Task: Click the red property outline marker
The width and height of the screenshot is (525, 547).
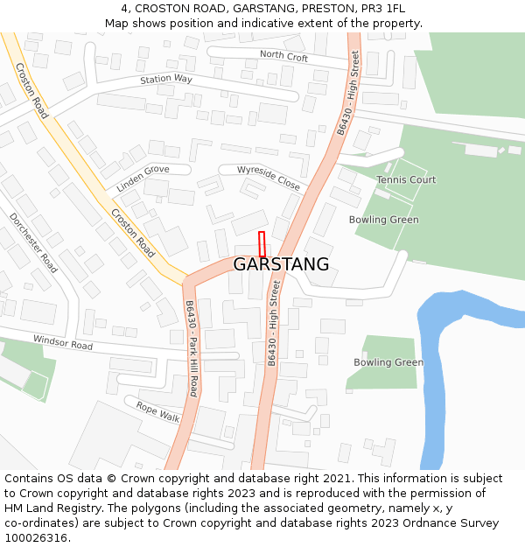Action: point(262,244)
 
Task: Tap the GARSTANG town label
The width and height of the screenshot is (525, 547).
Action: point(281,264)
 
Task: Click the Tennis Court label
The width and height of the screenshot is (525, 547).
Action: point(406,179)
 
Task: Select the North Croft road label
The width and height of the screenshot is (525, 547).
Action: point(284,57)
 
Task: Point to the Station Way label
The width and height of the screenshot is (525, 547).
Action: point(166,80)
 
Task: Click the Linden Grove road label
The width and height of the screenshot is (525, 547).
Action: point(143,178)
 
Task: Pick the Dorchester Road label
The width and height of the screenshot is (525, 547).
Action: point(34,242)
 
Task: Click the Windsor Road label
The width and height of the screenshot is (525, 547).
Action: point(63,340)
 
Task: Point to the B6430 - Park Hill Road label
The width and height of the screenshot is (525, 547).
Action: point(191,348)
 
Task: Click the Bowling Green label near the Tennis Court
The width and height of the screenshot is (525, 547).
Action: point(383,220)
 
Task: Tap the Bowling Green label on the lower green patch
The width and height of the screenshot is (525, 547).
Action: point(388,362)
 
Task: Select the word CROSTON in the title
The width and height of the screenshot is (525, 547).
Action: point(163,9)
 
